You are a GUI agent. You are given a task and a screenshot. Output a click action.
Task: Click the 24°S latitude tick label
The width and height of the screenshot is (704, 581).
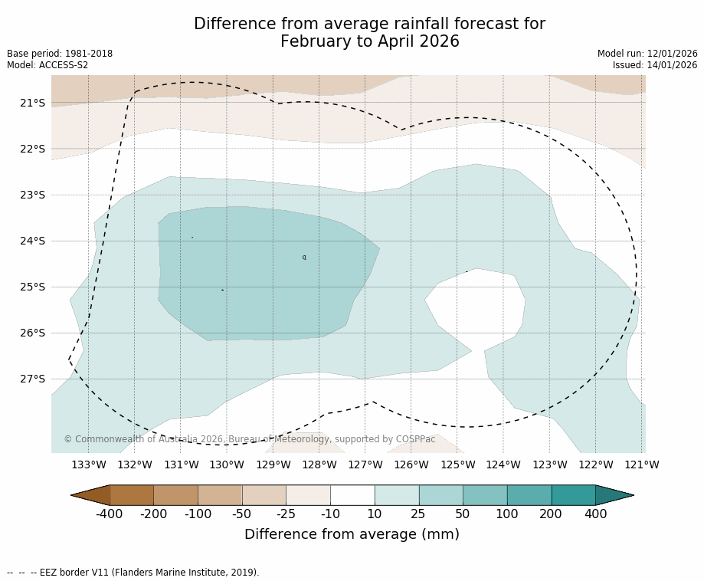pos(32,241)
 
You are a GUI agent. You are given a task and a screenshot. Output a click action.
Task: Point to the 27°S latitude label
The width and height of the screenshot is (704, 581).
pos(32,379)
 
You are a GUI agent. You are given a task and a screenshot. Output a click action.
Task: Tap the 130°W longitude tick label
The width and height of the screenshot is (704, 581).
pos(227,464)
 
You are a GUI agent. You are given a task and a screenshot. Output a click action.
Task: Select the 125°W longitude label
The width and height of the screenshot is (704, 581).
pos(457,464)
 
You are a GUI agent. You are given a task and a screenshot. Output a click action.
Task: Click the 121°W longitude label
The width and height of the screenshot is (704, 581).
pos(642,464)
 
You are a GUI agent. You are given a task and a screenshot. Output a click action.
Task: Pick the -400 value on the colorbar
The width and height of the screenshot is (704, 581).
pos(110,514)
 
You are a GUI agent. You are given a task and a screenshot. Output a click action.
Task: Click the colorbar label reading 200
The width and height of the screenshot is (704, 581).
pos(552,514)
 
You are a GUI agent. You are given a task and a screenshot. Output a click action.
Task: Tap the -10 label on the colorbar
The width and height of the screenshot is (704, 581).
pos(330,514)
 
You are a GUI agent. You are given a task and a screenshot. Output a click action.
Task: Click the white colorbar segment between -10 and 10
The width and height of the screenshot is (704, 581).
pos(352,495)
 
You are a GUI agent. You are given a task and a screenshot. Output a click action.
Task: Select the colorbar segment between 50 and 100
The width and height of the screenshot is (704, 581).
pos(485,495)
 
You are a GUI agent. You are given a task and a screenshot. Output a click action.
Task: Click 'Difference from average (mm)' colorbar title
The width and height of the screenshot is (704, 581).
pos(352,534)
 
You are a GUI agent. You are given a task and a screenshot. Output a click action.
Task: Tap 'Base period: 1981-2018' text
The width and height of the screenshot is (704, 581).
pos(60,54)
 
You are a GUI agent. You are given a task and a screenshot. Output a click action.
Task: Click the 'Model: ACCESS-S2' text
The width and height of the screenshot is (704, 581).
pos(47,65)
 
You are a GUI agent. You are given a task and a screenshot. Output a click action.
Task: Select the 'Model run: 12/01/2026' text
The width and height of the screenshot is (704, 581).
pos(647,54)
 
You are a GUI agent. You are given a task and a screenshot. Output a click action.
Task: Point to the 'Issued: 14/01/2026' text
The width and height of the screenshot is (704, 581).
pos(655,65)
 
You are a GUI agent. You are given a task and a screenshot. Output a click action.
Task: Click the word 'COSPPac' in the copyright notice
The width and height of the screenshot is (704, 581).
pos(416,439)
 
